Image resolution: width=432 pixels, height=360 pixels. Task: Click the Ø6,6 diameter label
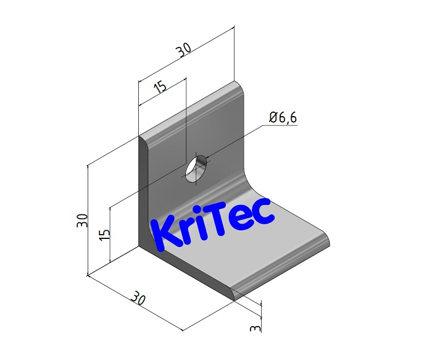(283, 117)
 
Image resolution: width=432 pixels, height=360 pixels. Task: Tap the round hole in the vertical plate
(197, 168)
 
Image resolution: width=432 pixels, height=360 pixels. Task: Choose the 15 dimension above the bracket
(160, 86)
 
